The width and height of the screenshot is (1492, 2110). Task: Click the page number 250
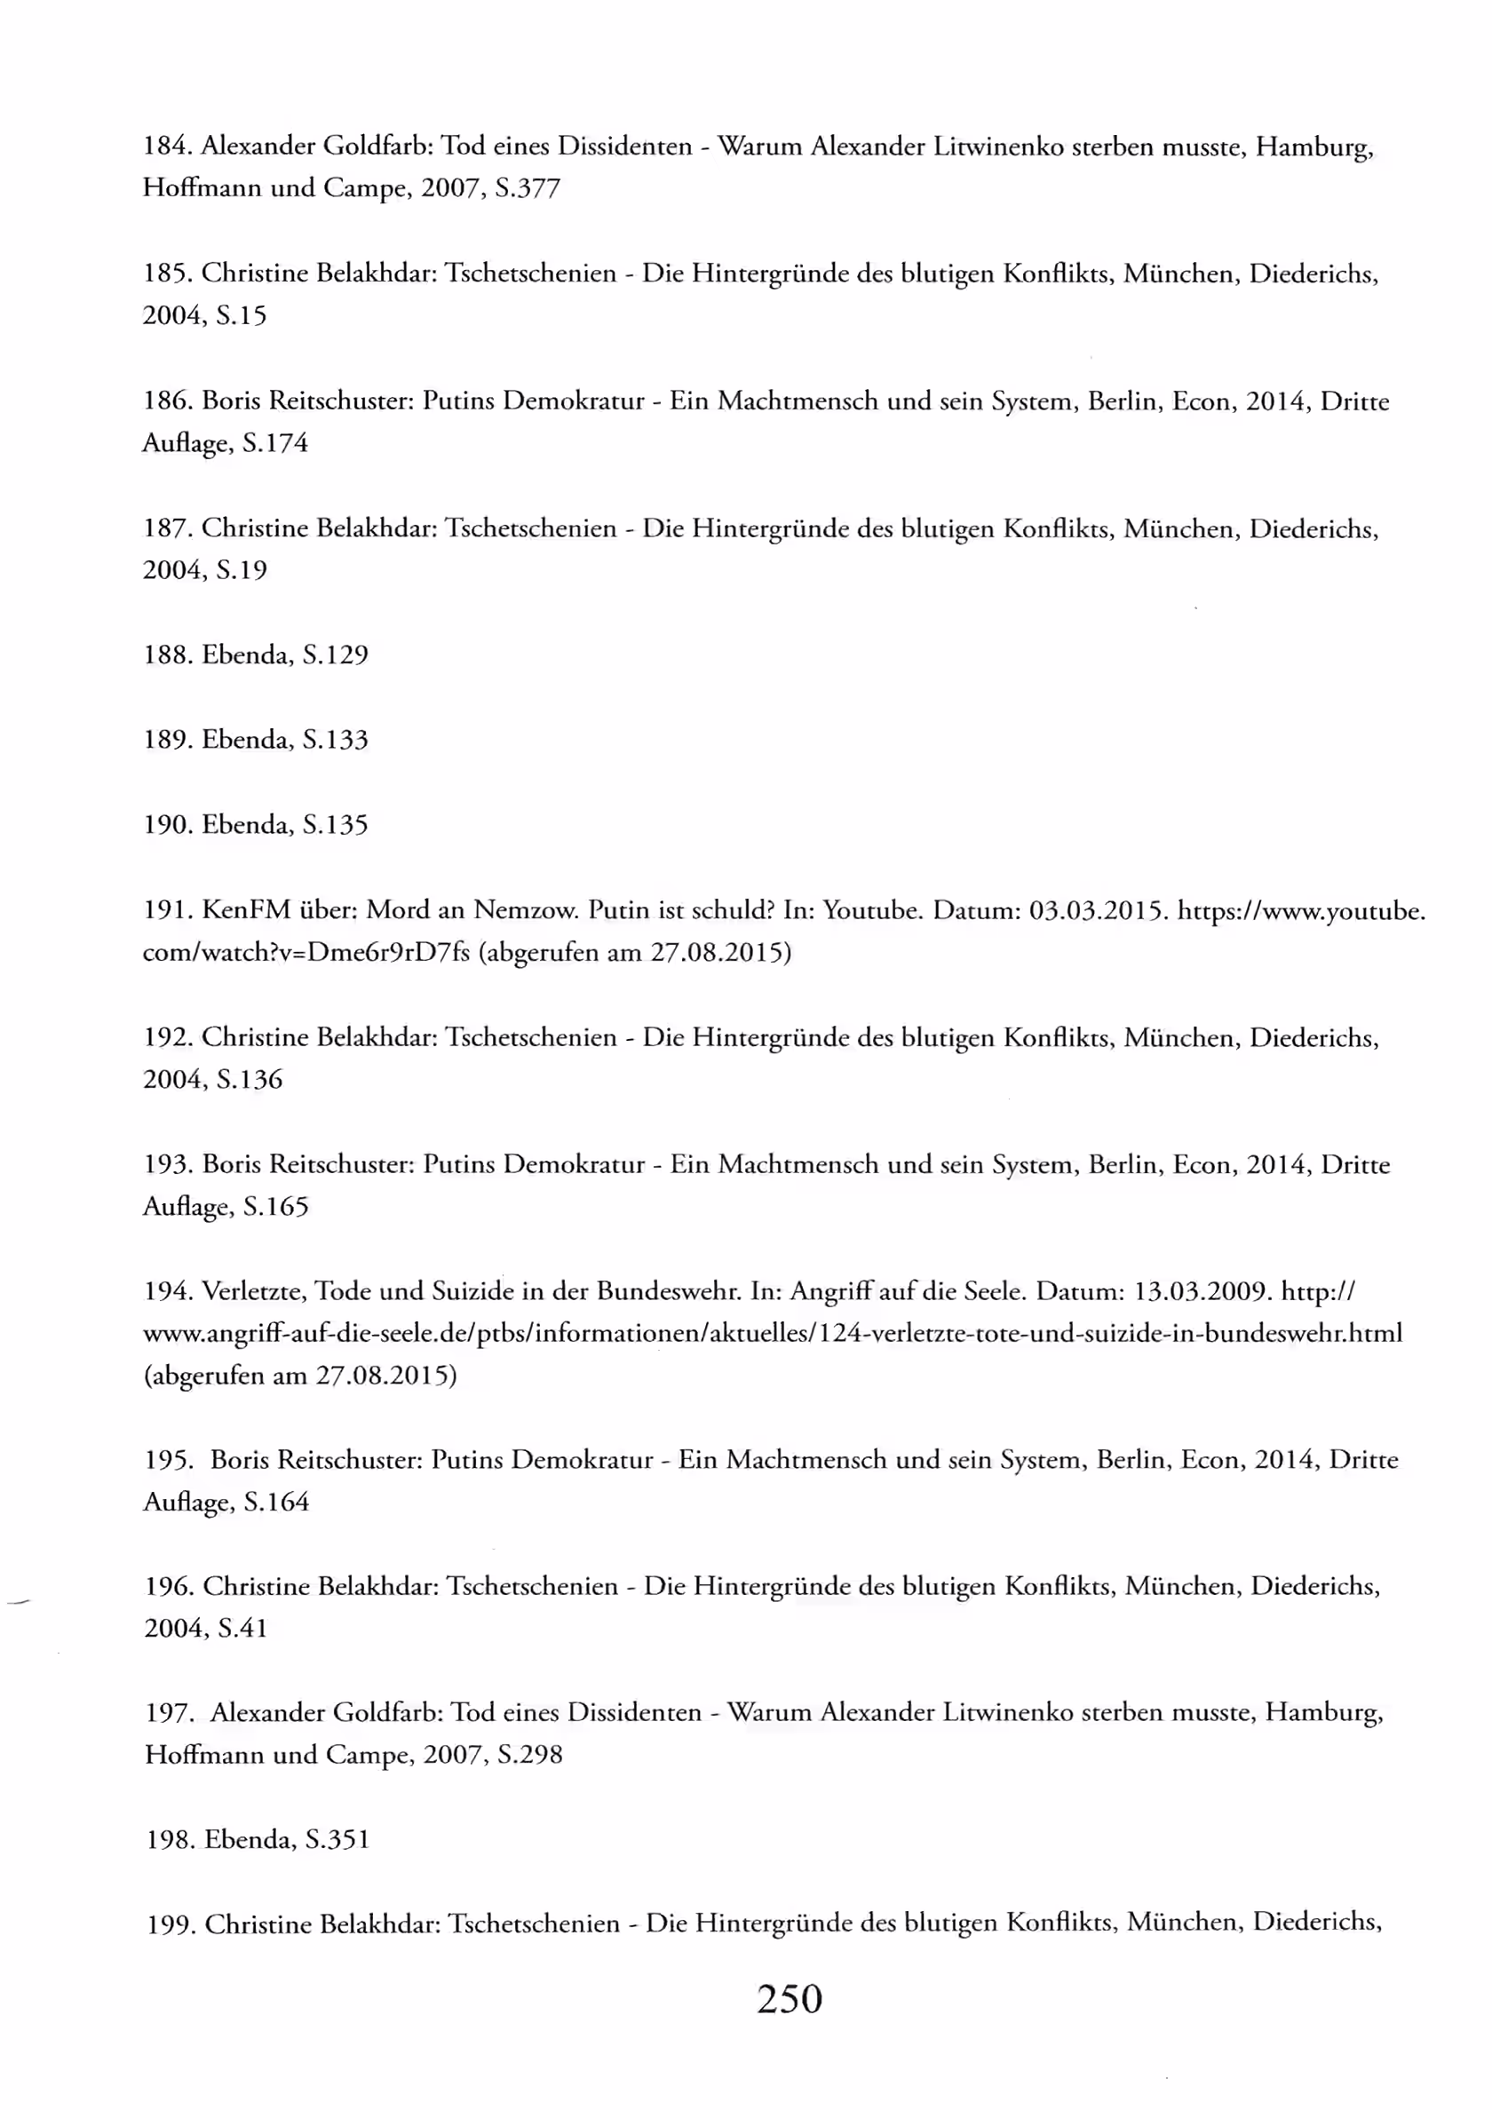tap(789, 1998)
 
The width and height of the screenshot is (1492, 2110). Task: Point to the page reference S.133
tap(335, 740)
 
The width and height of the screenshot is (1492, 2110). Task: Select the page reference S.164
tap(276, 1502)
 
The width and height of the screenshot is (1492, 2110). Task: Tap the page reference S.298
tap(529, 1756)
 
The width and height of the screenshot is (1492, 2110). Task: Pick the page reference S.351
tap(337, 1840)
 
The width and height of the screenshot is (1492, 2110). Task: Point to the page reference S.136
tap(250, 1080)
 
